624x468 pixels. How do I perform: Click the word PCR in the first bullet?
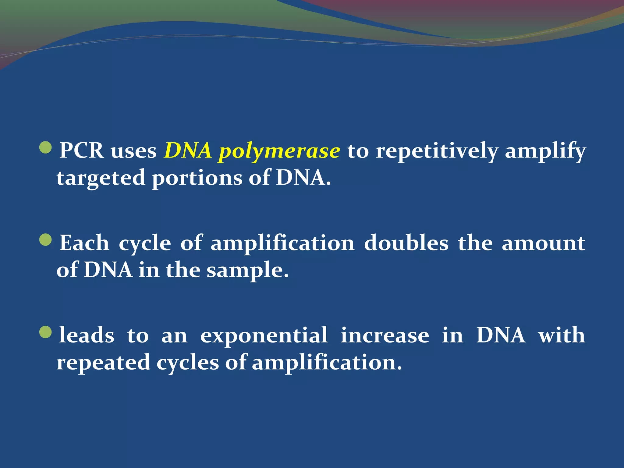81,151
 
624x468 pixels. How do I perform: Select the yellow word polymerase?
279,151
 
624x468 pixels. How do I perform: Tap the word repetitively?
437,151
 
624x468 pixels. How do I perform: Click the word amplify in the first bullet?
545,151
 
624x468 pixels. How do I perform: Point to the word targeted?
101,178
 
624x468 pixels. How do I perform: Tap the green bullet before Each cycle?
46,240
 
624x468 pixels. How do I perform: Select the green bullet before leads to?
46,332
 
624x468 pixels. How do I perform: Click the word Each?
84,243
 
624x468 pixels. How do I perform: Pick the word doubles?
406,243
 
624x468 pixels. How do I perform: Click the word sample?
247,271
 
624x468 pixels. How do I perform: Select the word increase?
385,335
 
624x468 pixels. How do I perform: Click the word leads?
87,335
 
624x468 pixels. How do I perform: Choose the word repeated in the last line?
103,363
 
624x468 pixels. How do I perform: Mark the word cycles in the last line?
188,363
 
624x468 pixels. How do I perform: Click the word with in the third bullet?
562,335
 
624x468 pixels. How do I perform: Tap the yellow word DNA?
188,151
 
